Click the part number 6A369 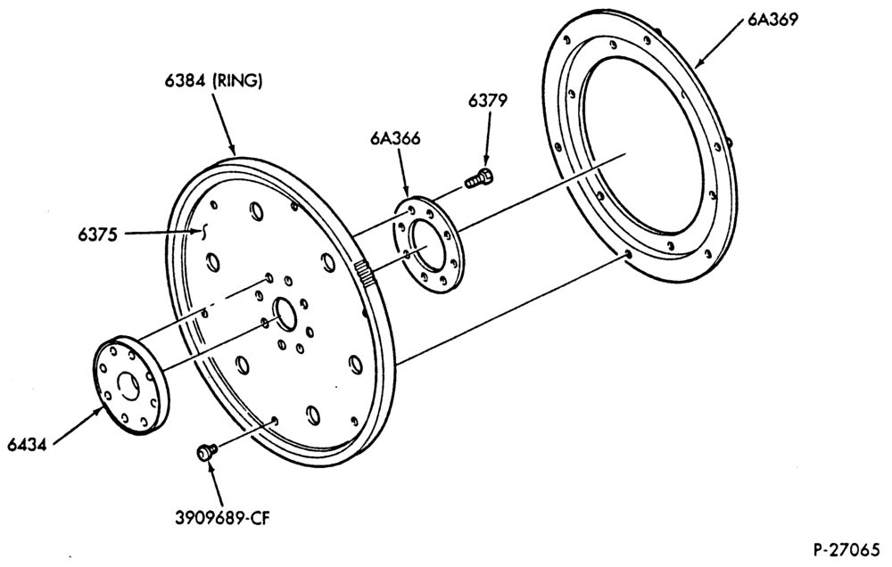click(772, 20)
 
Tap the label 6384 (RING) click(214, 81)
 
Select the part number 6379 click(488, 100)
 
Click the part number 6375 click(98, 234)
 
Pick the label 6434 click(27, 444)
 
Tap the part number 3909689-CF click(222, 518)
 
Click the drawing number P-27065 click(846, 550)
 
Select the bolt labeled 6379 click(479, 177)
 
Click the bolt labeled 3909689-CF click(207, 452)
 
